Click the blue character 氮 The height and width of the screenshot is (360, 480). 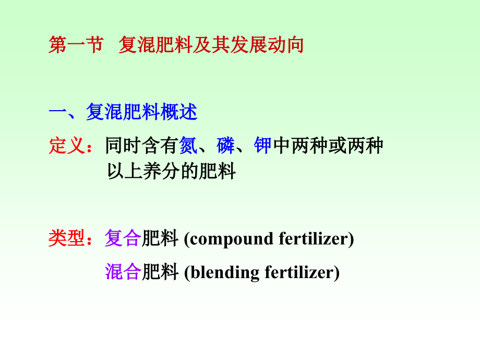(x=188, y=146)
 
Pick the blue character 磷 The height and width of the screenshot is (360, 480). (x=226, y=146)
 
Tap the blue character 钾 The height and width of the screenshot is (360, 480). (x=263, y=146)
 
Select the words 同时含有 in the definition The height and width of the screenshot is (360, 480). (x=142, y=146)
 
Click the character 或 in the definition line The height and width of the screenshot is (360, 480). (x=337, y=146)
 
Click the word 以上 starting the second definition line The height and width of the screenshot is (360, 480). (x=116, y=172)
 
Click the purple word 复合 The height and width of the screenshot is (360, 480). (x=123, y=238)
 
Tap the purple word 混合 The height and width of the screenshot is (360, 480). (x=123, y=272)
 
